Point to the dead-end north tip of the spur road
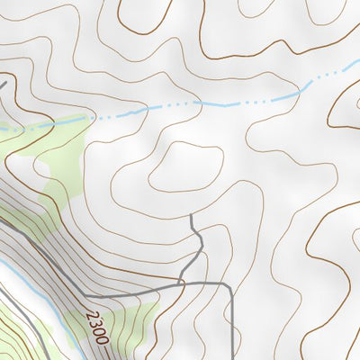pyautogui.click(x=193, y=216)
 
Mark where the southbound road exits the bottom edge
pyautogui.click(x=233, y=357)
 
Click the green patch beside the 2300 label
pyautogui.click(x=135, y=319)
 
